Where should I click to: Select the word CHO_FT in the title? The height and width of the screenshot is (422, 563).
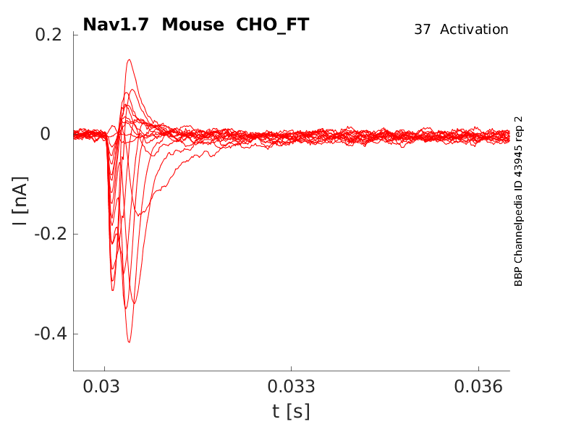coord(273,25)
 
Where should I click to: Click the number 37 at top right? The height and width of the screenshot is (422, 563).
coord(423,30)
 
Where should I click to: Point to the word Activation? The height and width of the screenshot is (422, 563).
coord(474,30)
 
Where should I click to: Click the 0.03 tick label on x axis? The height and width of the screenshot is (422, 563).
coord(104,387)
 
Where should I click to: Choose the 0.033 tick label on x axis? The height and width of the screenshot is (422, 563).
coord(291,387)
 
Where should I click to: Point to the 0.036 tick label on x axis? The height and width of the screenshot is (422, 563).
coord(478,387)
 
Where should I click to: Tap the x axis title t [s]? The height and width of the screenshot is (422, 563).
coord(291,411)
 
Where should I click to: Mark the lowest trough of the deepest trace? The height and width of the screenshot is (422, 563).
coord(129,342)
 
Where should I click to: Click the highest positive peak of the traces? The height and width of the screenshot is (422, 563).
coord(129,60)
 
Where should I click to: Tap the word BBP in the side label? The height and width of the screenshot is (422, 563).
coord(518,277)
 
